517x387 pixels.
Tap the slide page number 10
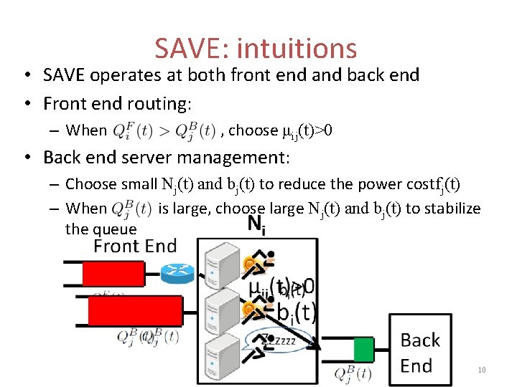click(481, 370)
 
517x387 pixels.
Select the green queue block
click(364, 350)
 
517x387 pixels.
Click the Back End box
click(420, 353)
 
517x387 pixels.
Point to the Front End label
click(135, 247)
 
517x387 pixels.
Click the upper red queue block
click(113, 273)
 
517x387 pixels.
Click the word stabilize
click(452, 209)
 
